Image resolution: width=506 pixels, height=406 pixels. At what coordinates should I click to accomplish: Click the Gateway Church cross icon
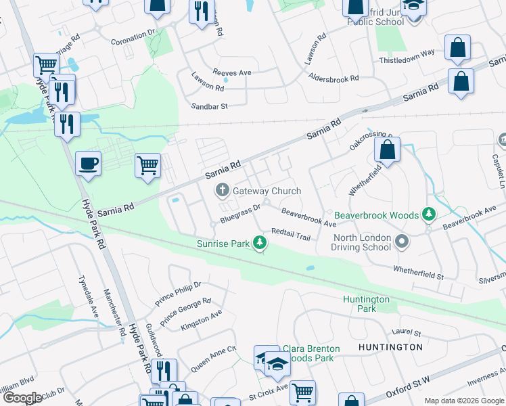(x=221, y=191)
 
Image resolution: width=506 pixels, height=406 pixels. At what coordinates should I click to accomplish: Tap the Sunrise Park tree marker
(x=259, y=242)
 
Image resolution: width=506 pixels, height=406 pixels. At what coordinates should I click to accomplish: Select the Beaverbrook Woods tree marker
(x=428, y=215)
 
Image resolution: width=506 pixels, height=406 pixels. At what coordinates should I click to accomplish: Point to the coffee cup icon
(x=89, y=164)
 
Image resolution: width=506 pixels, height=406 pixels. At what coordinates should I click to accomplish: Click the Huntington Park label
(x=366, y=304)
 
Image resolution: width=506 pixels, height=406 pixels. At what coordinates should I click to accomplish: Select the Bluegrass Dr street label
(x=240, y=212)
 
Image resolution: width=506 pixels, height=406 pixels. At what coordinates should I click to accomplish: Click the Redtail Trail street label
(x=290, y=233)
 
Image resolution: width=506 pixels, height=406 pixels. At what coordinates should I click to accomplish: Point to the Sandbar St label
(x=210, y=106)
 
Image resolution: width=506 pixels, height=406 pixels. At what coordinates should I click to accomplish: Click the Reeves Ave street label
(x=232, y=72)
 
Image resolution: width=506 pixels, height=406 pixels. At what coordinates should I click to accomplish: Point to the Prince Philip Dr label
(x=178, y=292)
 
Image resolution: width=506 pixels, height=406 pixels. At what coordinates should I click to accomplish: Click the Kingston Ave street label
(x=201, y=321)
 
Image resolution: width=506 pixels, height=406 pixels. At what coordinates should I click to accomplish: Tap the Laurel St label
(x=407, y=332)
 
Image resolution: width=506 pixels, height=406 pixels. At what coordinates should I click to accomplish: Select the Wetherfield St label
(x=419, y=272)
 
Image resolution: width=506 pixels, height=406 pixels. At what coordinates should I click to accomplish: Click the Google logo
(x=22, y=398)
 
